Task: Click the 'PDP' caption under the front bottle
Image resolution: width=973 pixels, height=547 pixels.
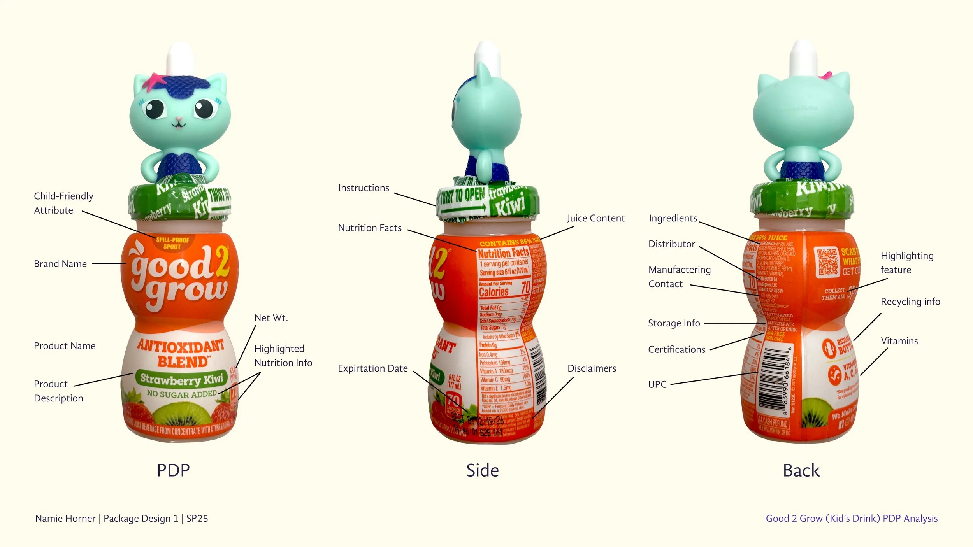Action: pyautogui.click(x=173, y=470)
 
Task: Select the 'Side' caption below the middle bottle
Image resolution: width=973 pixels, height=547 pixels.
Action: pyautogui.click(x=482, y=470)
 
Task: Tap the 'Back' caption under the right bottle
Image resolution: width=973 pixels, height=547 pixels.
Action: pyautogui.click(x=801, y=470)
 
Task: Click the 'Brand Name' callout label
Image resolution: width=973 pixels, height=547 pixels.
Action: pyautogui.click(x=60, y=264)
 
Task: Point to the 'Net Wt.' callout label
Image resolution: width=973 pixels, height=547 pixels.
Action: pyautogui.click(x=271, y=318)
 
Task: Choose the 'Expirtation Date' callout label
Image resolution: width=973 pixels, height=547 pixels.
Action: pyautogui.click(x=372, y=368)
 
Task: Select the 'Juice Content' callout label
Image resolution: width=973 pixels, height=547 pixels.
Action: pyautogui.click(x=595, y=218)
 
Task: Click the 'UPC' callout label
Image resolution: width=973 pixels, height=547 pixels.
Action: pyautogui.click(x=657, y=384)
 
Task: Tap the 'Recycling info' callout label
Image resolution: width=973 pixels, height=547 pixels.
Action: pyautogui.click(x=910, y=302)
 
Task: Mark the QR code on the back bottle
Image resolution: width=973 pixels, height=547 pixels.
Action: pyautogui.click(x=827, y=262)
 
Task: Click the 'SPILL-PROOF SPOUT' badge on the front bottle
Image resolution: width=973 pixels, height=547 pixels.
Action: pyautogui.click(x=172, y=243)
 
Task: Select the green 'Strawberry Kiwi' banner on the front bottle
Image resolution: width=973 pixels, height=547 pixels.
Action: pyautogui.click(x=181, y=378)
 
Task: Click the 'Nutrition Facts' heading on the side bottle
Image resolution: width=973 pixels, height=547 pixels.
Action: pyautogui.click(x=503, y=253)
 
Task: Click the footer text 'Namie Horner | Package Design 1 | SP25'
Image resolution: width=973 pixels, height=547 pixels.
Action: pyautogui.click(x=121, y=518)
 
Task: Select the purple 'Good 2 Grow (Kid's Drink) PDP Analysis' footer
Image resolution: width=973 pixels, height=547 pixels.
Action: pyautogui.click(x=851, y=518)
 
